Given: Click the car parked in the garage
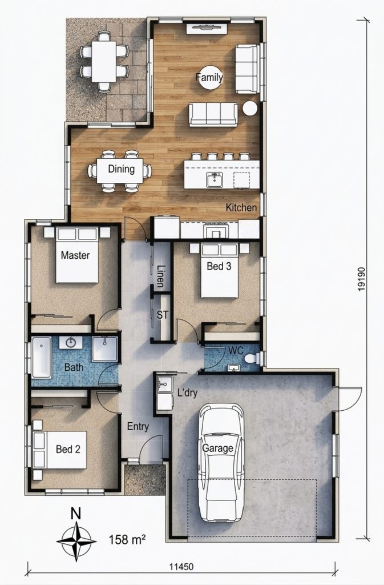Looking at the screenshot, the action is click(221, 463).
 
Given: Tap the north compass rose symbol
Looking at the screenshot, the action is click(76, 540).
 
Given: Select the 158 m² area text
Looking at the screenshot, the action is click(127, 539).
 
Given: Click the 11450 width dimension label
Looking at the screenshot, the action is click(181, 567).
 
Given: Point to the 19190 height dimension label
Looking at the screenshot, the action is click(361, 279).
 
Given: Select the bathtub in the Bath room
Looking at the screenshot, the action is click(41, 357).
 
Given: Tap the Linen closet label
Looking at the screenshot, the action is click(161, 276).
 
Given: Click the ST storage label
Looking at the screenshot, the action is click(162, 315).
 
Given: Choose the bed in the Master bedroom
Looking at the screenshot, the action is click(77, 255).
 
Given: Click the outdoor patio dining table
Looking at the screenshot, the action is click(104, 62).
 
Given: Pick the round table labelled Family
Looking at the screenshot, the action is click(211, 78).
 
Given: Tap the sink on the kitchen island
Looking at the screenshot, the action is click(215, 180).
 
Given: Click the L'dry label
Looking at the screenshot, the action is click(187, 392).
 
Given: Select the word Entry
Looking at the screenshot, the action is click(138, 426).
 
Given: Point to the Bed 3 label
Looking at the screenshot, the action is click(219, 266).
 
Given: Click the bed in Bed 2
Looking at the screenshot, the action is click(59, 450).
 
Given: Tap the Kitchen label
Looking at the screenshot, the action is click(241, 207).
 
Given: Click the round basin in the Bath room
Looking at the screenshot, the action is click(71, 343).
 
